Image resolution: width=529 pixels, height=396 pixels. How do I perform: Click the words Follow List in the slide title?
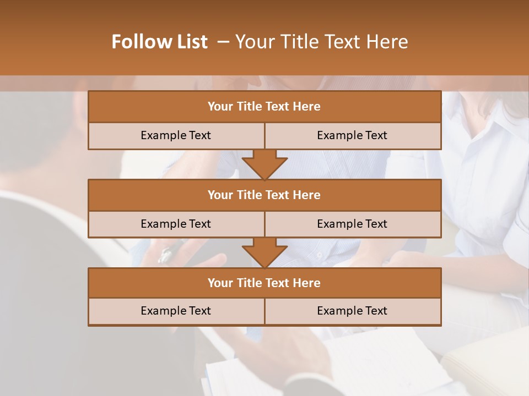pos(160,42)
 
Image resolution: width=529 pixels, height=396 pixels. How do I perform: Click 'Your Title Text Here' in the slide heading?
pos(321,42)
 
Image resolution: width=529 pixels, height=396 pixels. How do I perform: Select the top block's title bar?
pos(264,107)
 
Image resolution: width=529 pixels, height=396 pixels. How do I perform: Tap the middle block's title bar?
pos(264,195)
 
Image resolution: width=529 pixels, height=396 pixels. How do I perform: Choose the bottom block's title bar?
pos(264,283)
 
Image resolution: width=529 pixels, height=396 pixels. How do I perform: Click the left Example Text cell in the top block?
pos(176,135)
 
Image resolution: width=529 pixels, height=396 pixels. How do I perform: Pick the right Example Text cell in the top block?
pos(352,135)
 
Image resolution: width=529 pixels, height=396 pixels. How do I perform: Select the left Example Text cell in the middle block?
pos(176,224)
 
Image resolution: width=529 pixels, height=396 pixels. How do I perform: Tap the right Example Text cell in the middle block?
pos(352,224)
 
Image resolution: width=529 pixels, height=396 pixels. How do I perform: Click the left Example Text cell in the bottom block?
pos(176,311)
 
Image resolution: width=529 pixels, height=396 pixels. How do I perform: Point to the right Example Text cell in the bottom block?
pos(352,311)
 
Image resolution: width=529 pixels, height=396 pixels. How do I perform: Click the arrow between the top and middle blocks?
pos(264,164)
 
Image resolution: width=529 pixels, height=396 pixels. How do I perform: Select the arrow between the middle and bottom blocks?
pos(264,252)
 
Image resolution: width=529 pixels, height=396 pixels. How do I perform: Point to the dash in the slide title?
pos(223,42)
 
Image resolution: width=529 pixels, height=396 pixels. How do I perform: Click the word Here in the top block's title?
pos(306,107)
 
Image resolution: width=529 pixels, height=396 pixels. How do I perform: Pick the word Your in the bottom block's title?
pos(220,283)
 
